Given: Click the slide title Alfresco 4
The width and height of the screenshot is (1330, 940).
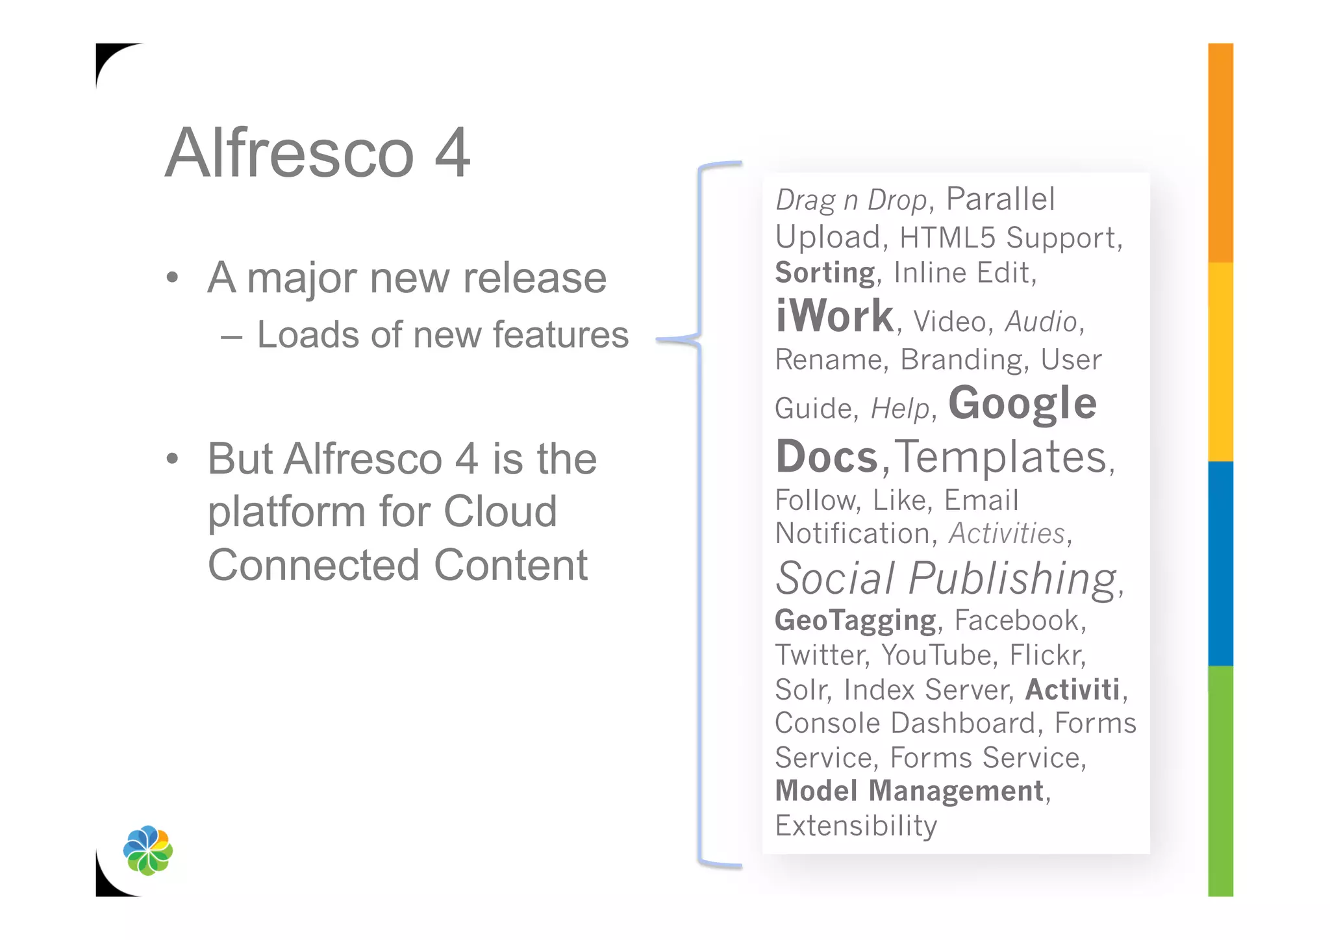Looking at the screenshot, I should point(318,153).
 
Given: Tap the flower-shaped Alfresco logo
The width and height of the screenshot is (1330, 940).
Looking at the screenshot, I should point(148,850).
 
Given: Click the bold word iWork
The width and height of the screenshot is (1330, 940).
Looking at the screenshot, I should point(834,316).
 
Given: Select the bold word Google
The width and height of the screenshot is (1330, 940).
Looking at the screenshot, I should point(1022,403).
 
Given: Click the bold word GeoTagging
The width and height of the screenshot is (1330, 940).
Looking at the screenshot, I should point(855,620).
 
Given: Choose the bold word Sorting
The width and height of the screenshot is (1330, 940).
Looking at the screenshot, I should point(825,273).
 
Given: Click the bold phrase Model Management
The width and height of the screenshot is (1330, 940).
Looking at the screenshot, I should point(909,791).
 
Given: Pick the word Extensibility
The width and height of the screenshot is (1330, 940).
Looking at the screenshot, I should point(856,826).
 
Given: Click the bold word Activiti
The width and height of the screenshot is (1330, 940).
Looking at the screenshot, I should point(1072,690).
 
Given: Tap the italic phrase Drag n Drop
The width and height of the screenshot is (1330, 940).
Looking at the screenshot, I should point(851,200).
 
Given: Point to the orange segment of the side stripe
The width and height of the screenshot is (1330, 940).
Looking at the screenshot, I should point(1220,153).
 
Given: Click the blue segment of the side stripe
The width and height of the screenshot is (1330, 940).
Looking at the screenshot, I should point(1220,563).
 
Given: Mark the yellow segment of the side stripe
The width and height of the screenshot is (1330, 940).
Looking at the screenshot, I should point(1220,362).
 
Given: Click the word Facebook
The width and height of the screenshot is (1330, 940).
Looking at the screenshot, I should point(1016,620).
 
